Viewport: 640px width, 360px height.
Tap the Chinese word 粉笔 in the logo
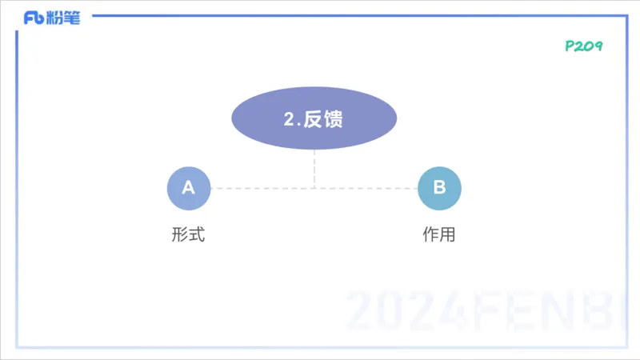coord(64,18)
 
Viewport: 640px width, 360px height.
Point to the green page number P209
coord(583,46)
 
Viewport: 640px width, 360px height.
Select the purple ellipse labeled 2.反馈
coord(314,119)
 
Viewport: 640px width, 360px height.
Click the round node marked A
coord(189,188)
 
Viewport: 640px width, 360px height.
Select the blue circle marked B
coord(439,188)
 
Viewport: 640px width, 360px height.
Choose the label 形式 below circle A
coord(189,235)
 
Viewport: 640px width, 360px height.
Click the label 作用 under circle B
coord(439,235)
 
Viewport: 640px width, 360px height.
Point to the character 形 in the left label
coord(180,235)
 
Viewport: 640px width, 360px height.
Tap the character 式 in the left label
coord(198,235)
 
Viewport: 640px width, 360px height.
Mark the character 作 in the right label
coord(430,235)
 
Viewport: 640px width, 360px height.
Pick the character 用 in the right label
coord(448,235)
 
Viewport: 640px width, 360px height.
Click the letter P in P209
coord(570,46)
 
